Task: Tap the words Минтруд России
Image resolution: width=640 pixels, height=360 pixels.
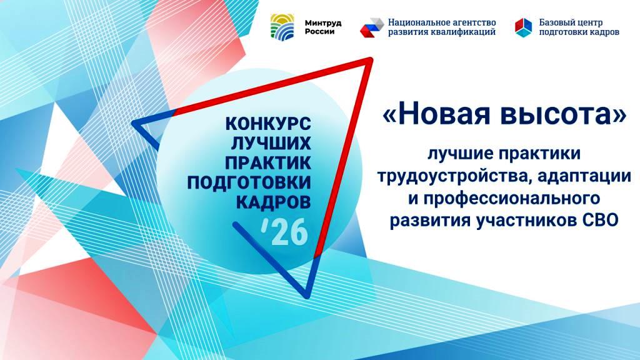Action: [319, 27]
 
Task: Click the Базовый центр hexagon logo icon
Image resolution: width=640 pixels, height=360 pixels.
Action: [523, 27]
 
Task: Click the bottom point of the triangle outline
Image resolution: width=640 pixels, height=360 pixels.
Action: [307, 294]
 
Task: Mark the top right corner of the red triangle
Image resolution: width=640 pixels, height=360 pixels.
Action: [370, 60]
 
